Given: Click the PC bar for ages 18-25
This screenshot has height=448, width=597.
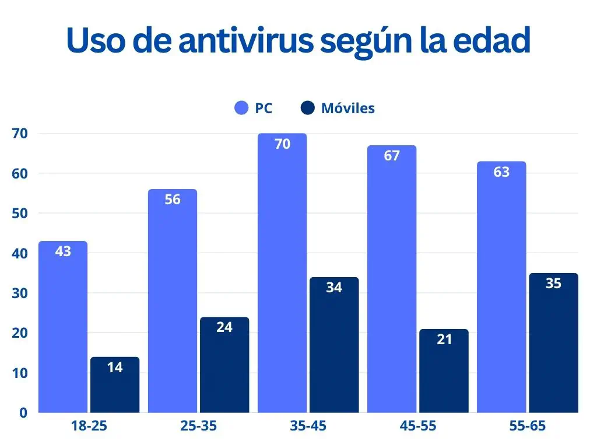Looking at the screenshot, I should pos(63,327).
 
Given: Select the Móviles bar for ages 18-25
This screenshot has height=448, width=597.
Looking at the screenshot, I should pos(115,385).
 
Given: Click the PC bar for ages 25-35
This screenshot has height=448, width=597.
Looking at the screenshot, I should pos(173,301).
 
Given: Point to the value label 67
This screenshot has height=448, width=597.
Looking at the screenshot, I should pos(392,156).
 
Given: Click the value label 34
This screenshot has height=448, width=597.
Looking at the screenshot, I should pos(334,288).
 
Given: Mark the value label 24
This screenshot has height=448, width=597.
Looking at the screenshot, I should pos(224,327).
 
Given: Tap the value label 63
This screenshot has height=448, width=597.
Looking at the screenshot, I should pos(501,172).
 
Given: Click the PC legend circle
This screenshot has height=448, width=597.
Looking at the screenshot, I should pos(242,108).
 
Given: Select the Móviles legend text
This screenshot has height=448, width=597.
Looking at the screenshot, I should pos(347,108).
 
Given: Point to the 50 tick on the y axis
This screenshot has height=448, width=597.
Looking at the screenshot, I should pos(20,213).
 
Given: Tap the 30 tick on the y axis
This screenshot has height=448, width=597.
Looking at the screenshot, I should pos(20,293).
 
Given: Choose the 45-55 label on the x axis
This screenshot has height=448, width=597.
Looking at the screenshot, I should pos(418,426).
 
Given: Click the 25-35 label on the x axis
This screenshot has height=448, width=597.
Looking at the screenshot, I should pos(198,426).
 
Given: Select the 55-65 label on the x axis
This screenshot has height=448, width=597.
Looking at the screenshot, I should pos(528,426).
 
